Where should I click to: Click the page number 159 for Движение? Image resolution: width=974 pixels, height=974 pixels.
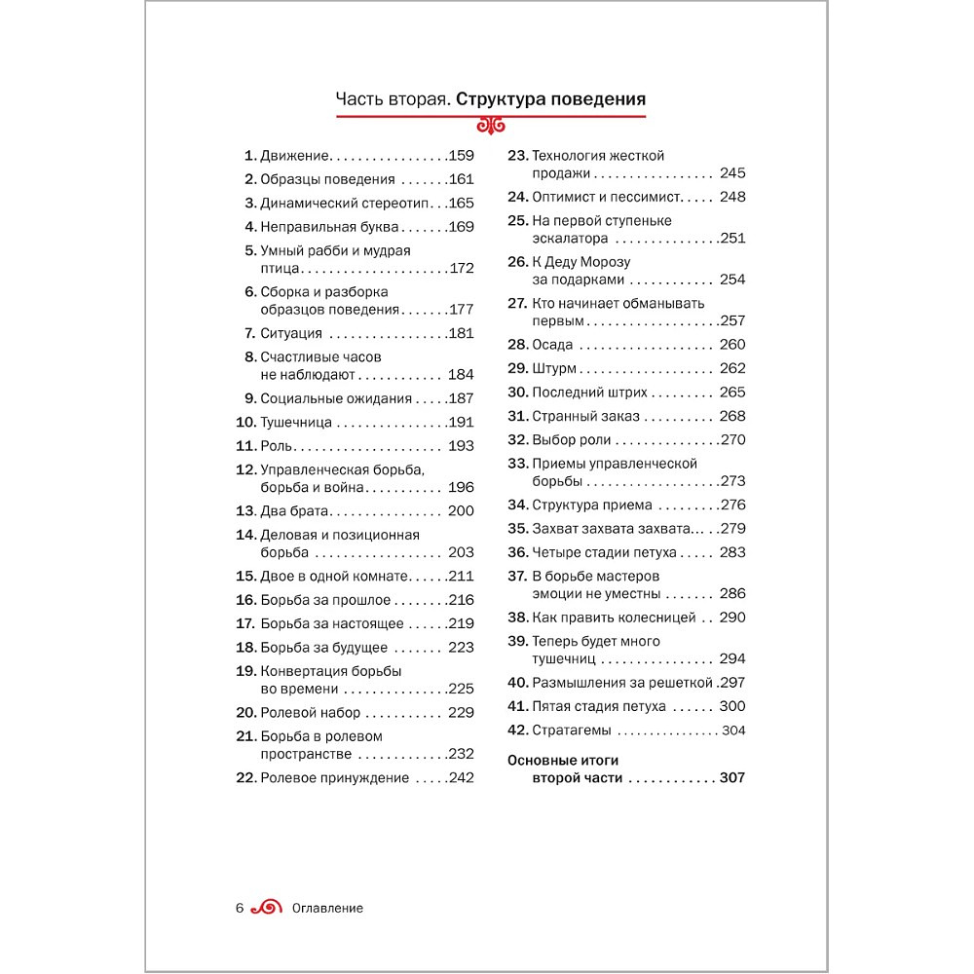(x=461, y=155)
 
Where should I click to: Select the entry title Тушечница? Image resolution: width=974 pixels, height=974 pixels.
(x=296, y=423)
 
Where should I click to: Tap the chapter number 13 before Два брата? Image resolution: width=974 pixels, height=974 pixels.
(x=245, y=511)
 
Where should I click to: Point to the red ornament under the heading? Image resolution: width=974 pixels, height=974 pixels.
(x=491, y=125)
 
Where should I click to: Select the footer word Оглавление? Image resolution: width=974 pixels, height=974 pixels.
(x=327, y=909)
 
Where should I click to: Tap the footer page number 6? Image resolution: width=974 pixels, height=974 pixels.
(x=239, y=909)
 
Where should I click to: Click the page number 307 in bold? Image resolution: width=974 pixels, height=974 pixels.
(x=732, y=778)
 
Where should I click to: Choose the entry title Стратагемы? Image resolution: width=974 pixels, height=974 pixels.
(x=572, y=730)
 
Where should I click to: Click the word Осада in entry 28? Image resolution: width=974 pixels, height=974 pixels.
(x=552, y=345)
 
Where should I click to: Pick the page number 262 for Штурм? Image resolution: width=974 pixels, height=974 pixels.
(x=732, y=368)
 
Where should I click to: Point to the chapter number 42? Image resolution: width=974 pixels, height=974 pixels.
(x=518, y=730)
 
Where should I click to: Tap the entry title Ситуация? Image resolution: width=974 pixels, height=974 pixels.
(x=291, y=333)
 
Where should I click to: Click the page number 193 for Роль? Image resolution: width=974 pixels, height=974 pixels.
(x=461, y=446)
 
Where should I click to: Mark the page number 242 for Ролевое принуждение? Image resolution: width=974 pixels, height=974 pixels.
(x=461, y=777)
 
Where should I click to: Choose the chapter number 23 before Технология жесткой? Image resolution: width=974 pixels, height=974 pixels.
(x=518, y=156)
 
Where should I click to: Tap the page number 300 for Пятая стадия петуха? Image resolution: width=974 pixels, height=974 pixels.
(x=732, y=706)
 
